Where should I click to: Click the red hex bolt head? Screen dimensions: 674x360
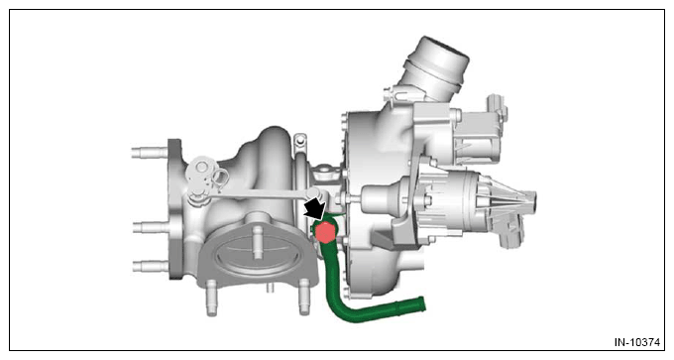coord(324,233)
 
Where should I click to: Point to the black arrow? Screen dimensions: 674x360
coord(315,208)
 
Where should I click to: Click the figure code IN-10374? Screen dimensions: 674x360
coord(636,342)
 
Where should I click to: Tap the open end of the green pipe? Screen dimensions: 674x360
coord(421,304)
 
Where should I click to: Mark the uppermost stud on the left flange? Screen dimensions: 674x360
coord(149,153)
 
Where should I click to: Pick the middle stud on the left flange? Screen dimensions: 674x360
coord(151,227)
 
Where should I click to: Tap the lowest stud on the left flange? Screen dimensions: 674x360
coord(151,266)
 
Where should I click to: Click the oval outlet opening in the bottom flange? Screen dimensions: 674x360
coord(257,255)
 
